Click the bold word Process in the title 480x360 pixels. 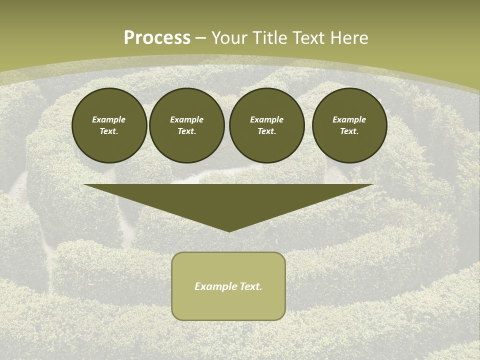pos(157,38)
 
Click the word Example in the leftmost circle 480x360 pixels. pos(109,119)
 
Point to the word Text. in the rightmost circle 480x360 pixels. pos(349,131)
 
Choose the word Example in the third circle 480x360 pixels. pos(266,119)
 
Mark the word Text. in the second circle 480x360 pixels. pos(186,131)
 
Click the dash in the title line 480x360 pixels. pos(200,38)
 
